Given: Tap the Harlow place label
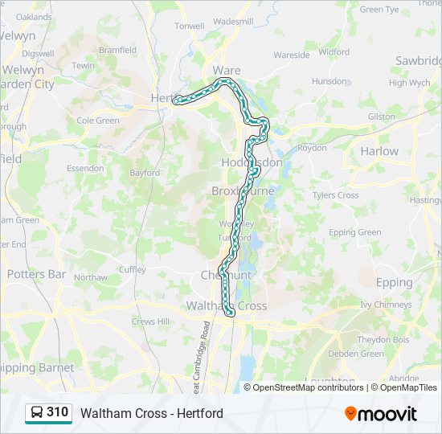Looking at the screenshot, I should pyautogui.click(x=379, y=150).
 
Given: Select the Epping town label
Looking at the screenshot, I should pyautogui.click(x=394, y=283).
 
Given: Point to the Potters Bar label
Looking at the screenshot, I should pyautogui.click(x=36, y=274).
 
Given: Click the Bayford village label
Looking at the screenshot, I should pyautogui.click(x=145, y=173).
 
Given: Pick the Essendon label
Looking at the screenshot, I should pyautogui.click(x=85, y=169).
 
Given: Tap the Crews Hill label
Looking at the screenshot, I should pyautogui.click(x=151, y=321).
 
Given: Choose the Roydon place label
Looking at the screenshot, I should pyautogui.click(x=312, y=148).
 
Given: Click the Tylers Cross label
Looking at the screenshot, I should pyautogui.click(x=335, y=195).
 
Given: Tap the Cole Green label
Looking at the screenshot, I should pyautogui.click(x=97, y=121).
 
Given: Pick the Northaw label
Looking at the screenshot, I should pyautogui.click(x=90, y=277).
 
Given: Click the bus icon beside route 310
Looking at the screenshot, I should pyautogui.click(x=36, y=413).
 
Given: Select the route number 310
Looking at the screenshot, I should pyautogui.click(x=58, y=413).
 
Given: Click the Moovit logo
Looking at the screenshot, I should pyautogui.click(x=381, y=414).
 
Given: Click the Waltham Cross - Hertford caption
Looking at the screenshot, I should pyautogui.click(x=151, y=414).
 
